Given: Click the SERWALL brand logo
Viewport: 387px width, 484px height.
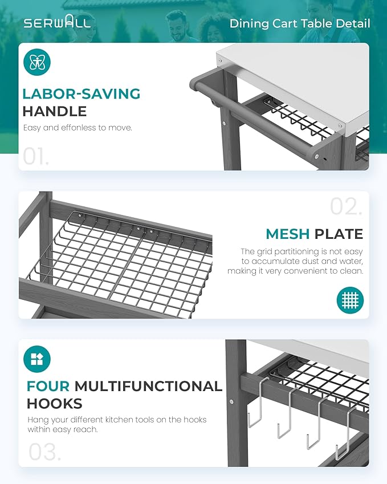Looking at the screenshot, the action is [x=57, y=22].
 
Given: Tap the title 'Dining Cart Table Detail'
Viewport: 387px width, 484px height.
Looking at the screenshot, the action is [x=300, y=24].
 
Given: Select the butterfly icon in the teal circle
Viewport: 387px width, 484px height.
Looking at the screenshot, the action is [x=36, y=62].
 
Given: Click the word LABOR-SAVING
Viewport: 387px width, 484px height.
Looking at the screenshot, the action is [x=82, y=94].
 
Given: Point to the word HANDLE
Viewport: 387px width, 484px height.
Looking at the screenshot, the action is [x=55, y=111].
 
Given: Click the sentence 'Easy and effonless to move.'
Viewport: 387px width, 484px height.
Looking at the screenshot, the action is [x=78, y=128].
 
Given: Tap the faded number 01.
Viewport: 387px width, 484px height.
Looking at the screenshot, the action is [x=36, y=157].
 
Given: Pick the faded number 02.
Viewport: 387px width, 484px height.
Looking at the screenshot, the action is [x=346, y=206].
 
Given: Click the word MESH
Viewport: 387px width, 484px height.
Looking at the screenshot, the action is [x=288, y=234].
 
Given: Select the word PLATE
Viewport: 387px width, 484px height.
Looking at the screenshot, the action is [x=339, y=234].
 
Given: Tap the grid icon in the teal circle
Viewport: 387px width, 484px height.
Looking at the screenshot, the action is [x=350, y=300].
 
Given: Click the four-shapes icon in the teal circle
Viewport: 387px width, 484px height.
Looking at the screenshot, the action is [x=36, y=359].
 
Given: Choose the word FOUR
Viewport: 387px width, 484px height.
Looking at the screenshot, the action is [x=48, y=387].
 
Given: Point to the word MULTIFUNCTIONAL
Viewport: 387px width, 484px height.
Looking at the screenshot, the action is [x=148, y=387].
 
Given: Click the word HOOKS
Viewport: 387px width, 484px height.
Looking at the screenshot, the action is [x=55, y=404].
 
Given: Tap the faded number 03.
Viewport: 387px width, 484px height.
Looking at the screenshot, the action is [x=45, y=452].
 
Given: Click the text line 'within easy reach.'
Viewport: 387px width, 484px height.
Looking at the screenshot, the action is [x=63, y=429].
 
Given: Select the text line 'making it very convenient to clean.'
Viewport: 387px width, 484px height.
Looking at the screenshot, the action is [x=295, y=271].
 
